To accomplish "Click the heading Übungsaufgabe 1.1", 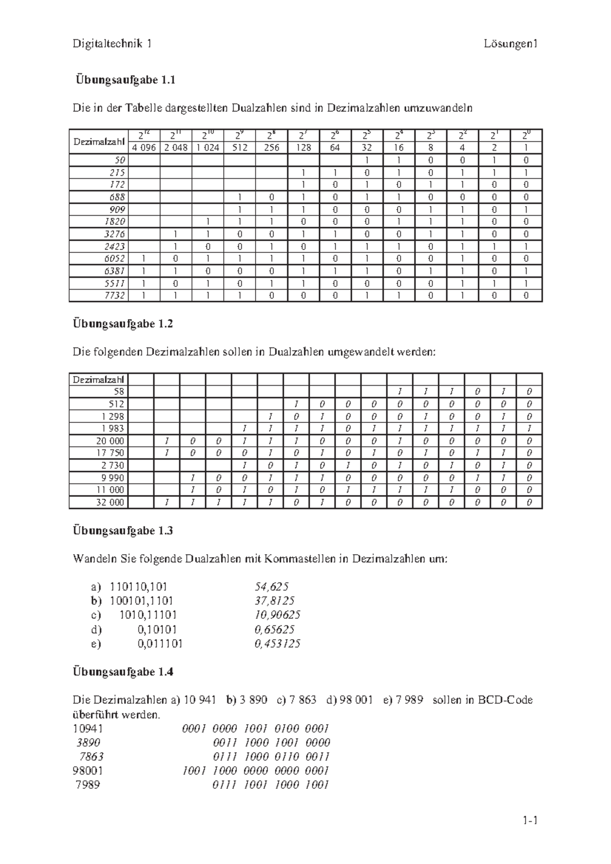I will click(125, 80).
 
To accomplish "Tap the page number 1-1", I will click(530, 820).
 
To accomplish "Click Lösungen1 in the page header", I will click(511, 44).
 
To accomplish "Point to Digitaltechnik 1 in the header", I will click(112, 44).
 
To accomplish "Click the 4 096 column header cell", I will click(145, 148).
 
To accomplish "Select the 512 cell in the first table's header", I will click(239, 148).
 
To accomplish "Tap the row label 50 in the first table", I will click(120, 160).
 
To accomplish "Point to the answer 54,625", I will click(271, 587).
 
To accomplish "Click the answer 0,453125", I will click(277, 644).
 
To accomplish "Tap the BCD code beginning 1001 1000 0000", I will click(256, 770).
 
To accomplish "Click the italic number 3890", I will click(88, 742).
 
